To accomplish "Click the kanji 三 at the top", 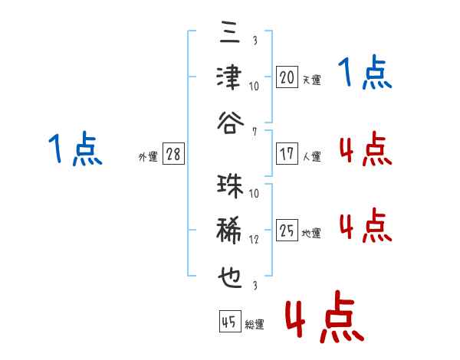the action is [x=230, y=31].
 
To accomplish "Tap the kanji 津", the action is [x=229, y=77].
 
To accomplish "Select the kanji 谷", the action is [x=230, y=123].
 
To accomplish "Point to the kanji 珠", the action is [x=230, y=186].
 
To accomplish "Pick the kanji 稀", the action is [x=229, y=230].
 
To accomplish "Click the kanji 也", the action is [x=230, y=277].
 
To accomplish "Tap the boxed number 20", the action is [x=287, y=77].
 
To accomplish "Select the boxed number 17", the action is [x=287, y=154].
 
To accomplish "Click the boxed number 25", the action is [x=287, y=230].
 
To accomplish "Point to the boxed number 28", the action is [x=173, y=154].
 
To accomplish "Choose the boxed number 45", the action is [x=230, y=322].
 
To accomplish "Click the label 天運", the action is [x=311, y=80].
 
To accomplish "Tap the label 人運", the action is [x=312, y=156].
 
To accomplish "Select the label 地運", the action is [x=311, y=233].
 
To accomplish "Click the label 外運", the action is [x=148, y=156].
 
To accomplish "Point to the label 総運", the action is [x=255, y=324].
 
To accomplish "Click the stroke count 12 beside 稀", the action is [x=254, y=240].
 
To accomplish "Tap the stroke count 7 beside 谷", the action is [x=255, y=132].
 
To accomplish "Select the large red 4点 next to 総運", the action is [x=324, y=316].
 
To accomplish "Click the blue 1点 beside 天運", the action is [x=365, y=72].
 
